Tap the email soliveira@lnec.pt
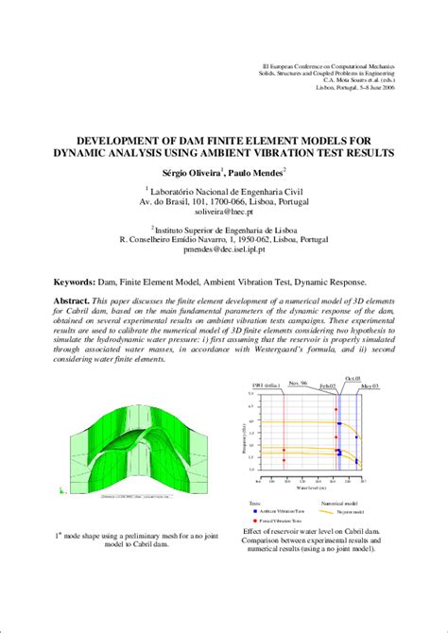(x=224, y=214)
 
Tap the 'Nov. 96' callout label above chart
(x=299, y=383)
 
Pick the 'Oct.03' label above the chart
(x=353, y=378)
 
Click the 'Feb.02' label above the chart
(x=328, y=387)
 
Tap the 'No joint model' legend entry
(x=353, y=511)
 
